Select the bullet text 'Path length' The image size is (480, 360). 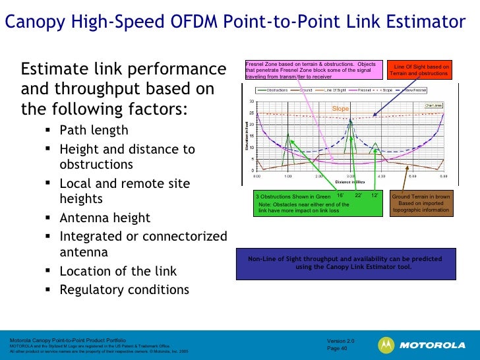[94, 130]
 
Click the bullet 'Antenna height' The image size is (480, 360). [105, 218]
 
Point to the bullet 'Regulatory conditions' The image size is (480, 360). [124, 289]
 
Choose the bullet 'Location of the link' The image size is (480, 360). [118, 271]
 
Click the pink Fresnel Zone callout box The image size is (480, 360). [312, 70]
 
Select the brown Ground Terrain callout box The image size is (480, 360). [421, 204]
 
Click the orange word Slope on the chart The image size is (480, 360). [340, 108]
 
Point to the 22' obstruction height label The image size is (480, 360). [359, 195]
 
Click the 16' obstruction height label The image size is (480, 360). [340, 195]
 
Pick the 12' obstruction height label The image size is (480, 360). [375, 195]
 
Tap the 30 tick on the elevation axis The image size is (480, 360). [252, 102]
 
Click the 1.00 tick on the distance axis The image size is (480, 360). [288, 176]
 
